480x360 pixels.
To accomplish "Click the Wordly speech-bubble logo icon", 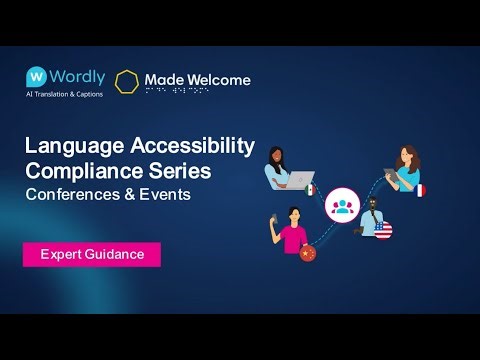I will tap(38, 76).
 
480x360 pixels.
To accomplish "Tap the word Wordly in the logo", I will tap(77, 76).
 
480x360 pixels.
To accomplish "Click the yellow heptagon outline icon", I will tap(127, 80).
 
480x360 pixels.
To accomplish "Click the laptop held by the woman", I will tap(298, 181).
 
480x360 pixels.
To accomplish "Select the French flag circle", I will tap(421, 188).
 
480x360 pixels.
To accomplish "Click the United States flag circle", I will tap(384, 232).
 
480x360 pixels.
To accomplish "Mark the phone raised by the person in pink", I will tap(276, 221).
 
